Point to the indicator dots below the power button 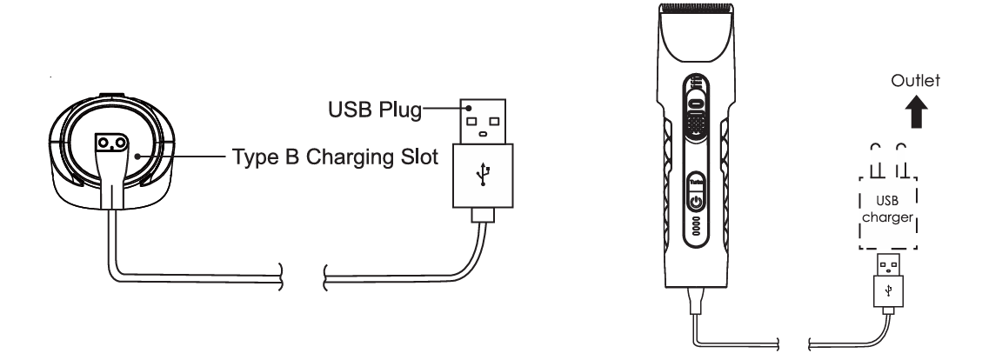click(696, 224)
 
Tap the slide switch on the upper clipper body click(696, 102)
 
